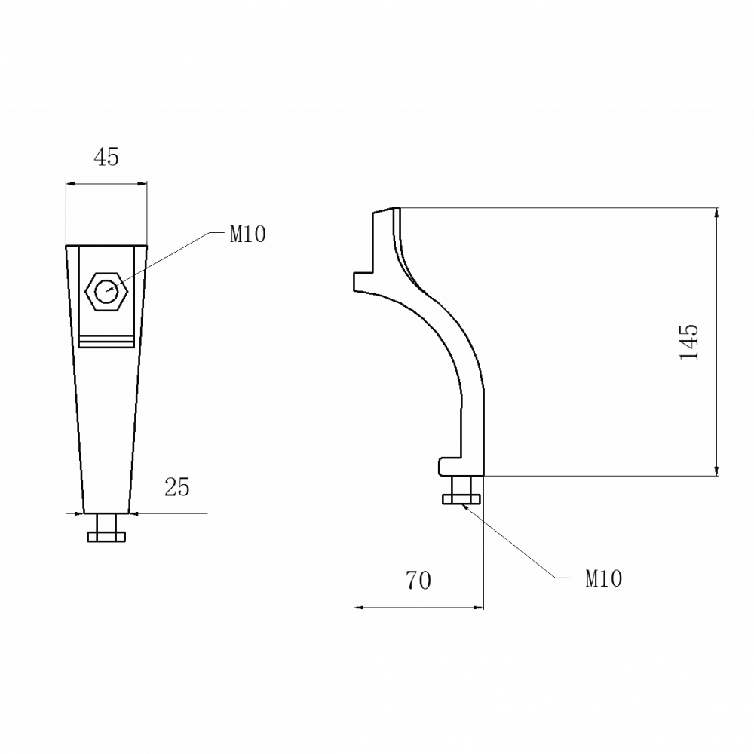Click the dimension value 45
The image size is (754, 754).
[x=106, y=157]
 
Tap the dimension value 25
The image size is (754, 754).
[x=177, y=487]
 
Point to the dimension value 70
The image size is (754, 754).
[x=418, y=581]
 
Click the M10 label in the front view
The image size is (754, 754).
[x=247, y=234]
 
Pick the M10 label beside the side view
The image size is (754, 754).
[x=603, y=578]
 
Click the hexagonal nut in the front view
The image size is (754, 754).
[x=106, y=291]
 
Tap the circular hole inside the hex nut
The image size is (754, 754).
[x=106, y=291]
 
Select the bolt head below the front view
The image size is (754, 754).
[x=106, y=537]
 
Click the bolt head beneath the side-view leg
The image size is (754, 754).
[x=461, y=498]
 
